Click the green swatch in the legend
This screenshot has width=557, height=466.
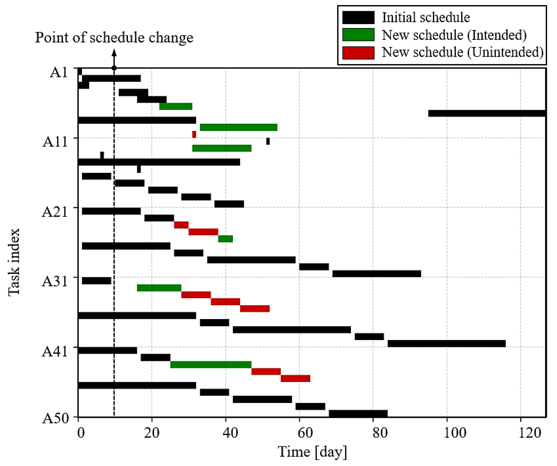358,35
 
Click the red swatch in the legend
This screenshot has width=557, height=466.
358,52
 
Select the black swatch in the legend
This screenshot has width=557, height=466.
358,17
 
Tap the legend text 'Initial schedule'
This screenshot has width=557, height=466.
425,17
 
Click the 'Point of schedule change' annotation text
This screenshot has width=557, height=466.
114,37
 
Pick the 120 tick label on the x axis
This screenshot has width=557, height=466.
529,433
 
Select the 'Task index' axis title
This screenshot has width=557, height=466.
14,262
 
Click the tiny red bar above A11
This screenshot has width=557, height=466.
194,134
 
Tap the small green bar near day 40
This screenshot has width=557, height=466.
225,239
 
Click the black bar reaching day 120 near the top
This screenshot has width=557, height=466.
487,114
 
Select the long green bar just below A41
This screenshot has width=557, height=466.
211,364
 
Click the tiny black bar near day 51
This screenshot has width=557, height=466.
268,141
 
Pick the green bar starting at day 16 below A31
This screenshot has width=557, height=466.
159,288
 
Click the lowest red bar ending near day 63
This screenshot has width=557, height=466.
295,379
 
